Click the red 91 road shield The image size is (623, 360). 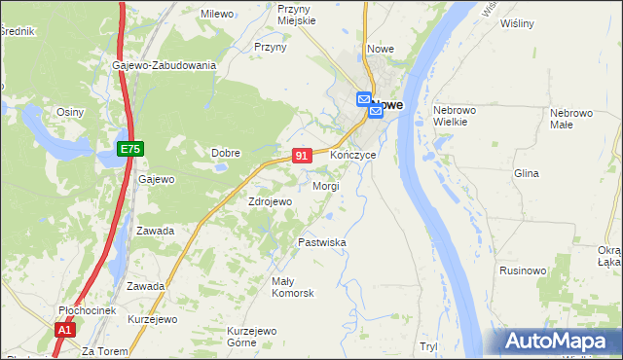302,156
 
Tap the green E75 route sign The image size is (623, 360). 130,148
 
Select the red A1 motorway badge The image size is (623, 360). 64,331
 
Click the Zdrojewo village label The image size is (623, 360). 270,201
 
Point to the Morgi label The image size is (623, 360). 325,186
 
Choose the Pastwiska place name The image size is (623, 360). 322,242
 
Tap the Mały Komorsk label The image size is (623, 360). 293,287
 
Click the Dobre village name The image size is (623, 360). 226,153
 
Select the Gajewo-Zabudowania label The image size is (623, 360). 164,65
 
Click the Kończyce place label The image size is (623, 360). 353,156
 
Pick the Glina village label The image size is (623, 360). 526,173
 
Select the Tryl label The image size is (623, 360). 427,346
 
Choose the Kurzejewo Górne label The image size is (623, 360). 240,336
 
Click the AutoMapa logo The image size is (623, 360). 558,342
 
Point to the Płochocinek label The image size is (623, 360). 87,310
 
